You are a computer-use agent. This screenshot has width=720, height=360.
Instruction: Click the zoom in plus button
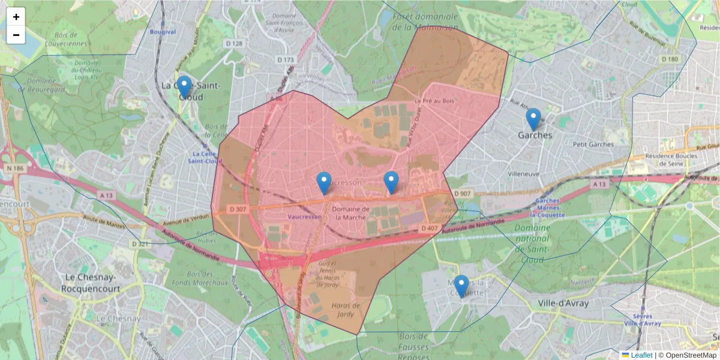[x=16, y=17]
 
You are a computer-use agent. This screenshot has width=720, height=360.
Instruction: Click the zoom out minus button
[x=16, y=35]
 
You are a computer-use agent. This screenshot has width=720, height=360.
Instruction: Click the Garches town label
[x=535, y=136]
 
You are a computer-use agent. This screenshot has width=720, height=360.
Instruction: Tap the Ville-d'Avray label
[x=563, y=303]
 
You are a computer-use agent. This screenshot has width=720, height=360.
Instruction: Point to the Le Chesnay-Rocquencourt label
[x=91, y=283]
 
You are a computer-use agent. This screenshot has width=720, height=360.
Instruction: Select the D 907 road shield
[x=463, y=193]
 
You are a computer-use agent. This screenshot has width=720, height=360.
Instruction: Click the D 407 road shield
[x=429, y=228]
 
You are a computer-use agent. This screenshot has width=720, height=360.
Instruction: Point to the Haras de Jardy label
[x=346, y=310]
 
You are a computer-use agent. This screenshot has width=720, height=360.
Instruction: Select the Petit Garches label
[x=593, y=145]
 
